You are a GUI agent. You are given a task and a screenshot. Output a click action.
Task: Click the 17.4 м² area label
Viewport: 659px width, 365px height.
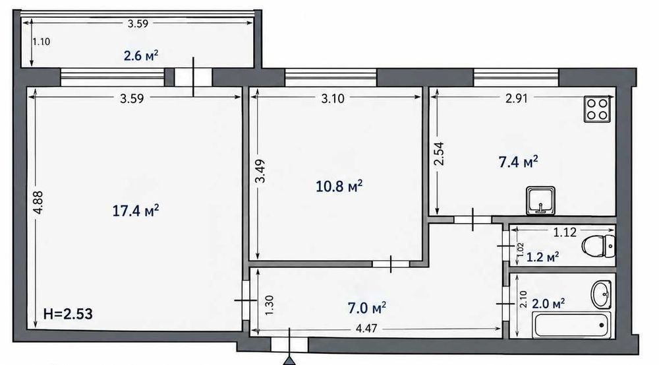point(135,210)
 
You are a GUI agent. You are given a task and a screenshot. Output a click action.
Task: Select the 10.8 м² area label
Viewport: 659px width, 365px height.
point(339,185)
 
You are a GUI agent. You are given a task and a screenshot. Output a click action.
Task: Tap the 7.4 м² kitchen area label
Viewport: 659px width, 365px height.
point(518,162)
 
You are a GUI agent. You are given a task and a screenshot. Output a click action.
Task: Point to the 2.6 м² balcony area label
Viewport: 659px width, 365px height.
point(141,55)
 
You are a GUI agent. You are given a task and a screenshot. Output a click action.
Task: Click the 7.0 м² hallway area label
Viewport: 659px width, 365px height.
point(367,308)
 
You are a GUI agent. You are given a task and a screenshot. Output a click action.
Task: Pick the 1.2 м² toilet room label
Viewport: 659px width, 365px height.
point(542,256)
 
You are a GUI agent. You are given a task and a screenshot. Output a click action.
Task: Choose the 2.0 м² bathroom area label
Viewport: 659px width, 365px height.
point(548,303)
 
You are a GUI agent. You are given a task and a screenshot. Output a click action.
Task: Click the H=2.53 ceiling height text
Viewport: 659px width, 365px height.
point(68,314)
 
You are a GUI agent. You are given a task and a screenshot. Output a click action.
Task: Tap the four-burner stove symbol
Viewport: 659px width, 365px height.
point(597,109)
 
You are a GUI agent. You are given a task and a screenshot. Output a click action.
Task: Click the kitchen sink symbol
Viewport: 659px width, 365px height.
point(540,201)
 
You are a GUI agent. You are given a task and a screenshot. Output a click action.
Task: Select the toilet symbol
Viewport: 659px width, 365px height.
point(598,246)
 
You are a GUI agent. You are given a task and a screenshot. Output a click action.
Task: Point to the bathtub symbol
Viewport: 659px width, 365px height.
point(571,325)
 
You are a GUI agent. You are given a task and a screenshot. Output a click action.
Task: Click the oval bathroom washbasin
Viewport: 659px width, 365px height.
point(601,294)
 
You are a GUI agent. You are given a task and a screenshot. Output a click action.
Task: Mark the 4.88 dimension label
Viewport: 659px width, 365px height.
point(38,203)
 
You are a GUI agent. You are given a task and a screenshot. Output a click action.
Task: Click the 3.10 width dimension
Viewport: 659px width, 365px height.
point(332,98)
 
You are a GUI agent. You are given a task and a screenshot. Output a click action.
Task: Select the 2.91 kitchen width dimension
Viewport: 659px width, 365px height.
point(516,98)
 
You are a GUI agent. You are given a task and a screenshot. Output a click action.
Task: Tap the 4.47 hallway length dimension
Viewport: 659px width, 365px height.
point(366,329)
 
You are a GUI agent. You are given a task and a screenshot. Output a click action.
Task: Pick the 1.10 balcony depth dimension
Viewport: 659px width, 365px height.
point(42,42)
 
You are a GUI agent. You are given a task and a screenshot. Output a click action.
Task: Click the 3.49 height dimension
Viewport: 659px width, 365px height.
point(260,170)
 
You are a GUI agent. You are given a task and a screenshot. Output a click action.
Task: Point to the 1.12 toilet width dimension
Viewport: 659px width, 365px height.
point(565,232)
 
